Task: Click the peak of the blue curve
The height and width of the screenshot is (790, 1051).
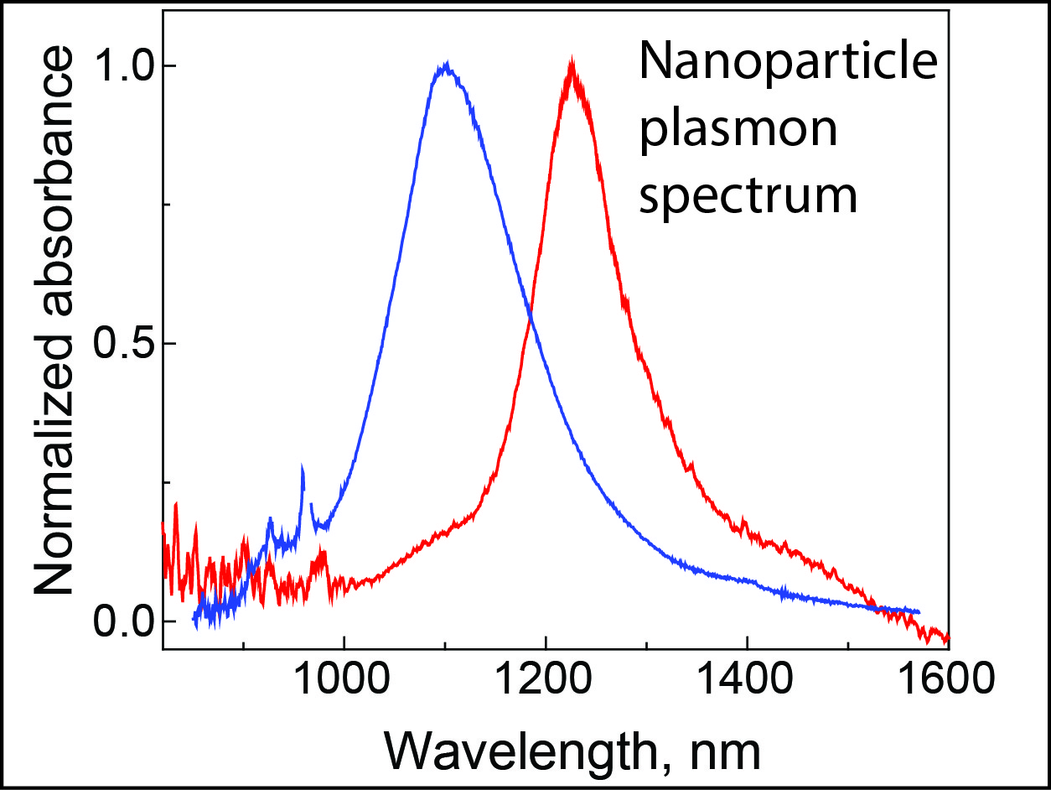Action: pos(446,63)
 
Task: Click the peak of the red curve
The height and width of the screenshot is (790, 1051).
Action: pos(572,58)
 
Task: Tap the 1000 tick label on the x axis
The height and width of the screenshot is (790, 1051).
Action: pos(344,678)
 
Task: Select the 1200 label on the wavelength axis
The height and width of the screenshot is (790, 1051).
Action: pos(545,678)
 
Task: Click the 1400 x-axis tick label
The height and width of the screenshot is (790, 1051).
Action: pos(746,678)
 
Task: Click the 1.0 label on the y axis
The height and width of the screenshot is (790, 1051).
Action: pos(122,66)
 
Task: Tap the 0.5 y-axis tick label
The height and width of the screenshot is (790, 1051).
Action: pos(122,344)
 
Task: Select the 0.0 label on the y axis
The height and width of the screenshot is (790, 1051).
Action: pos(122,621)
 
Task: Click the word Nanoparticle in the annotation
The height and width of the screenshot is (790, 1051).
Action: pos(789,62)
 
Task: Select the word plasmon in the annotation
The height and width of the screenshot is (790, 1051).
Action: pos(739,130)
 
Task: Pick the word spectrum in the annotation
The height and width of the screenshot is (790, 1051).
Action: pos(748,197)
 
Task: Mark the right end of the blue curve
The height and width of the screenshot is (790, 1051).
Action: pos(919,611)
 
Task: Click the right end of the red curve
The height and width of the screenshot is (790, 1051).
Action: pos(948,637)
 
